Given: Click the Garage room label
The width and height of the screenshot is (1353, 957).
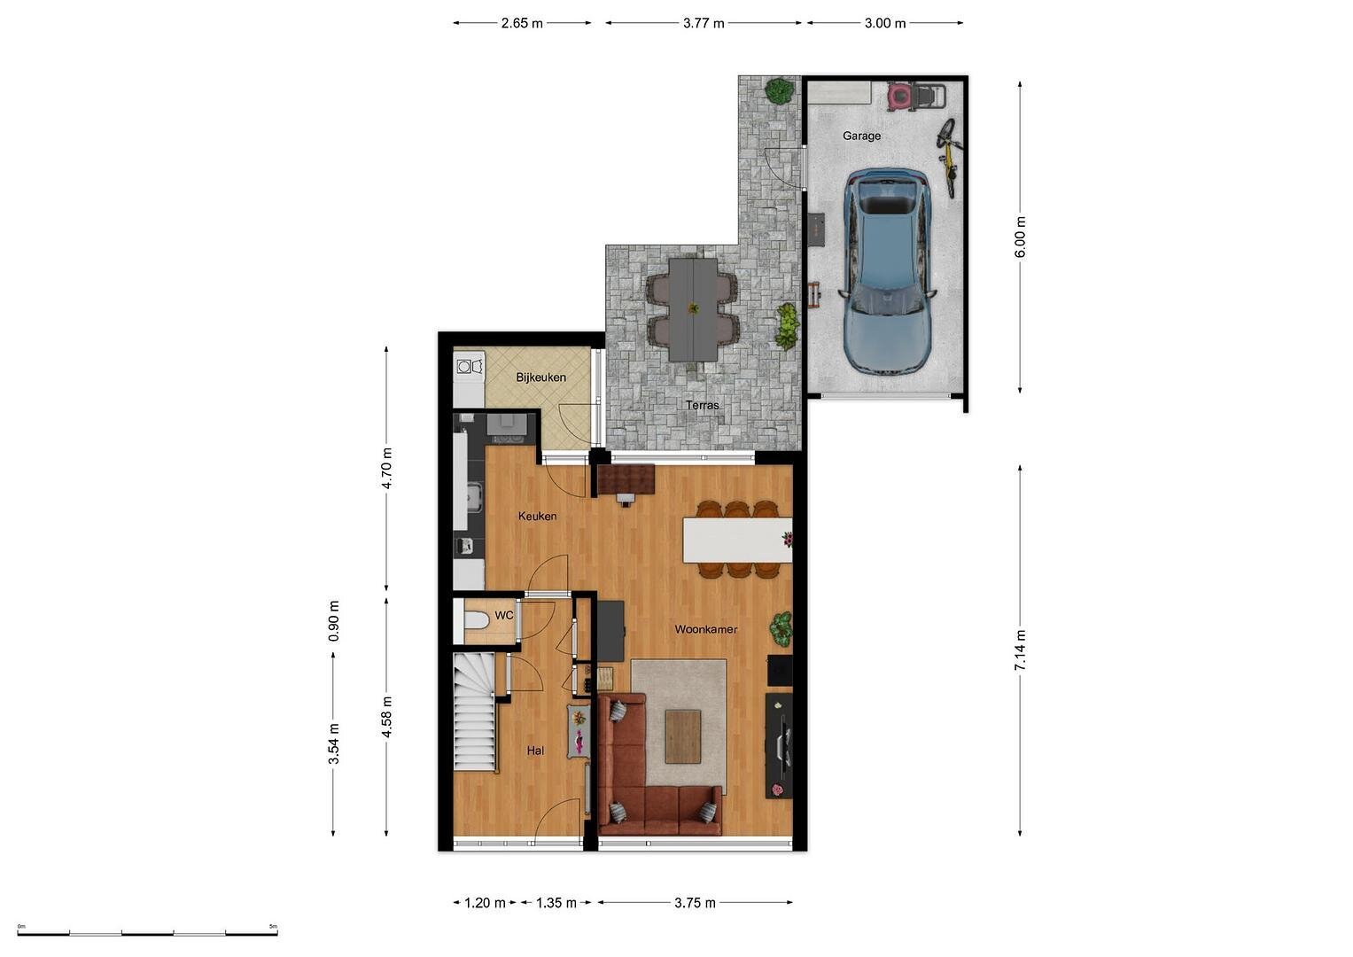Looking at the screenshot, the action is (861, 136).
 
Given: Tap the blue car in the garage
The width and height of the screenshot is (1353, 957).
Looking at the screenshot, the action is (887, 271).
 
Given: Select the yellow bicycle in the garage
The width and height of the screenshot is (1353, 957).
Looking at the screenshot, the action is (950, 157).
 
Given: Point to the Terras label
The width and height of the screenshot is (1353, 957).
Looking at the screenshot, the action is (702, 405).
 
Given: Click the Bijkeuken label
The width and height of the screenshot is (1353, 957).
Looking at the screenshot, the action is (540, 377).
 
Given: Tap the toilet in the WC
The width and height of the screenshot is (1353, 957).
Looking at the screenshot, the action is (477, 620).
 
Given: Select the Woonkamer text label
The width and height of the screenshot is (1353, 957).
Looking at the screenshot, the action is (705, 629).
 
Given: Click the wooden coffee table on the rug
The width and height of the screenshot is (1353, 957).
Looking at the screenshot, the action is (683, 736).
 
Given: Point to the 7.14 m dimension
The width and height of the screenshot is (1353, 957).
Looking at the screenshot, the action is (1020, 650).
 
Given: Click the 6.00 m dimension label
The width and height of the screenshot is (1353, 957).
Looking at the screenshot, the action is (1020, 237).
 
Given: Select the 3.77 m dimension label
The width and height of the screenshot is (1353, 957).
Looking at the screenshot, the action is (704, 24).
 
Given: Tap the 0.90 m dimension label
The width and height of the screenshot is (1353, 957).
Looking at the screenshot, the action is (334, 621).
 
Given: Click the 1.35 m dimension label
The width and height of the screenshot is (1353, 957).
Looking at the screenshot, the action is (556, 903).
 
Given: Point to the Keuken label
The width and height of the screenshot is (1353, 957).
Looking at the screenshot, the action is (537, 516).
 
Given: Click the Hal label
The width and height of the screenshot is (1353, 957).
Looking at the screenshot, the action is (535, 751).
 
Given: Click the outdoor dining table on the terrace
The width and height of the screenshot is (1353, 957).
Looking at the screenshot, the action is (693, 309).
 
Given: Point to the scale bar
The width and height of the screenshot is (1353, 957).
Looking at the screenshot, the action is (147, 933).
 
